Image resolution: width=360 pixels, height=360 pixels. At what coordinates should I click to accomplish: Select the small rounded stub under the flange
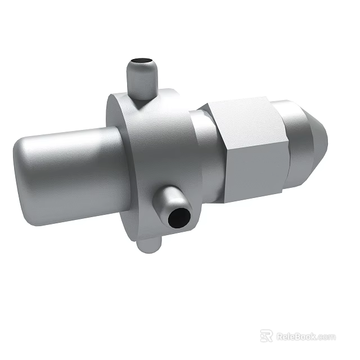click(147, 245)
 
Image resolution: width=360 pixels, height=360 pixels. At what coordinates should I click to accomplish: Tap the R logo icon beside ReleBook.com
click(266, 336)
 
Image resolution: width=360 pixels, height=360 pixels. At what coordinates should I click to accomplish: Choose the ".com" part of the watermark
click(326, 337)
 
